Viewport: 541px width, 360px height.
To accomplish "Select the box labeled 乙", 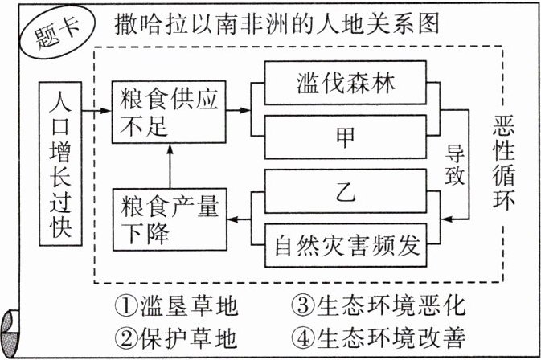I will click(x=348, y=194).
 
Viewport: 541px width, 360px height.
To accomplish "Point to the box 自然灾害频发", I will click(x=348, y=244).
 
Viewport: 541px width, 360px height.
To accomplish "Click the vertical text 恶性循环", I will click(x=509, y=161).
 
